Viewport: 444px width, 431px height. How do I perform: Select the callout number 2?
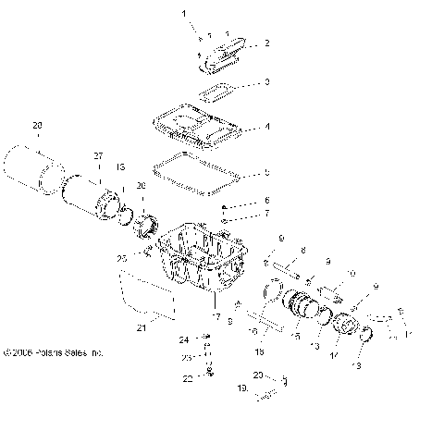267,43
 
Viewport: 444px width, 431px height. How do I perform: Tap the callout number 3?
267,82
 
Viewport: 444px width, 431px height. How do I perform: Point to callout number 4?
267,126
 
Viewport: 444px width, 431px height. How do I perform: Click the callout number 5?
267,172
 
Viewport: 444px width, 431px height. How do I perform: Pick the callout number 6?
267,201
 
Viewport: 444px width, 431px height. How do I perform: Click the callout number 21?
142,326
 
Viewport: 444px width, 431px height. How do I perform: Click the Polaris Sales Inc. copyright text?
54,352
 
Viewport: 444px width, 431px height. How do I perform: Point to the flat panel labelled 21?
147,295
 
